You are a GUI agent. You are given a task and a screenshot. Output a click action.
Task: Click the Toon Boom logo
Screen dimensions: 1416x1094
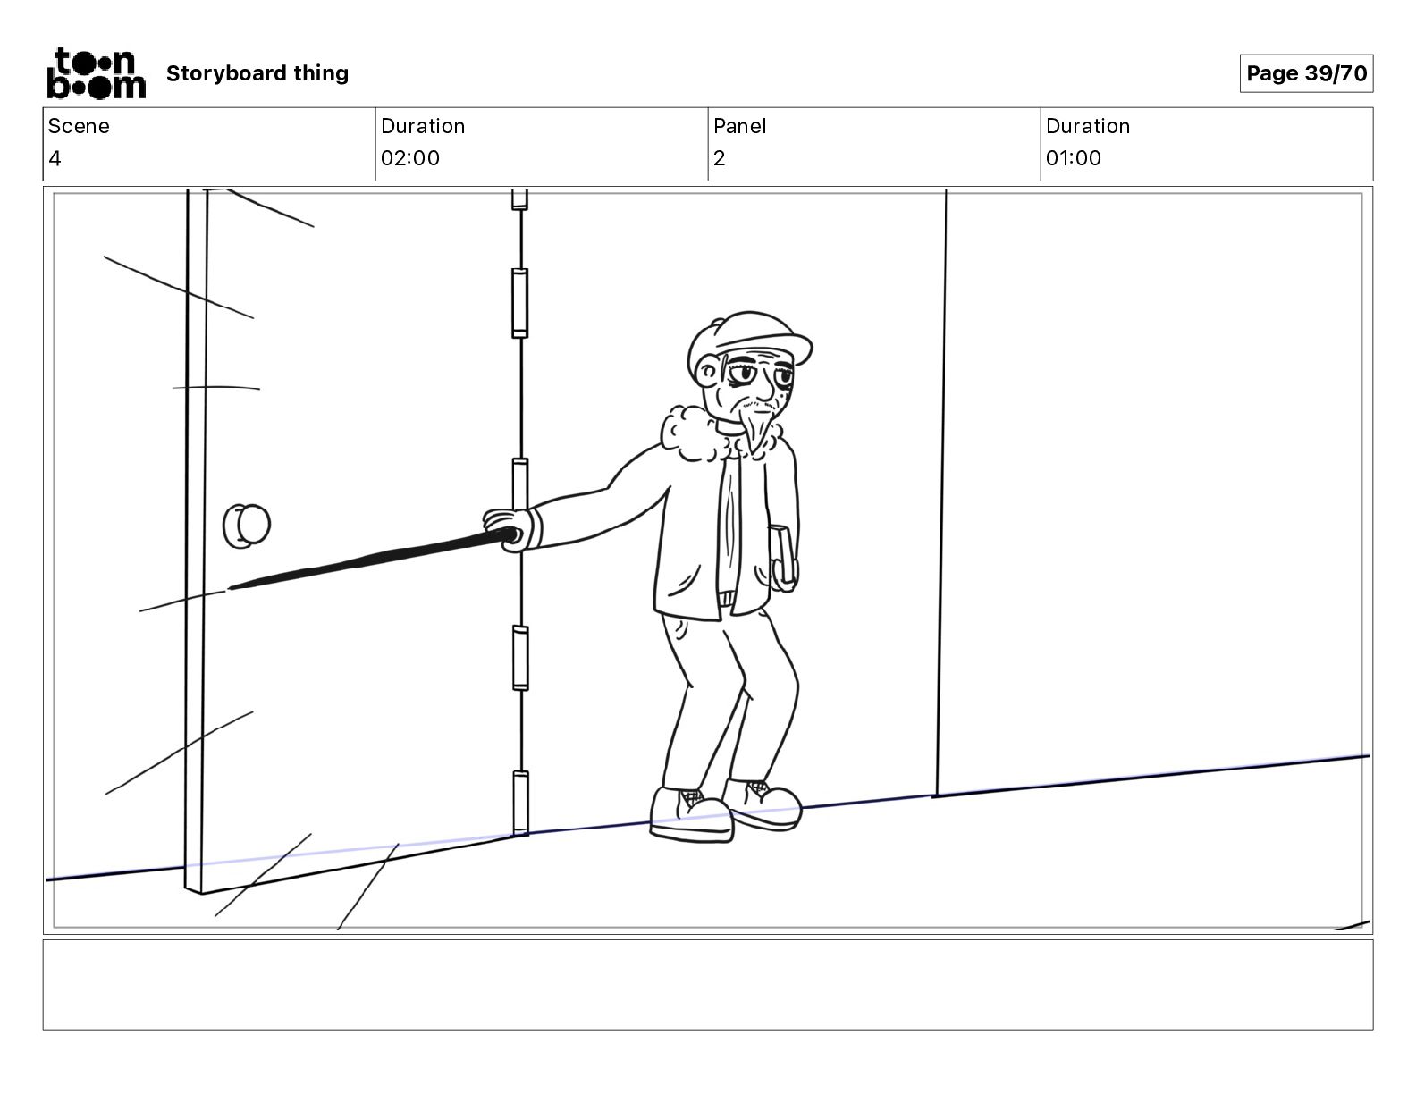tap(96, 73)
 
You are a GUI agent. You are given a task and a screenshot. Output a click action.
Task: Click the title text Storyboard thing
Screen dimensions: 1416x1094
tap(257, 73)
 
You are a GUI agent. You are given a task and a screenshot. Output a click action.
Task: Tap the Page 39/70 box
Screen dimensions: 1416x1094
tap(1306, 73)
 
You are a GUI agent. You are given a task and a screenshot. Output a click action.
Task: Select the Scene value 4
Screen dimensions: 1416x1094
tap(55, 159)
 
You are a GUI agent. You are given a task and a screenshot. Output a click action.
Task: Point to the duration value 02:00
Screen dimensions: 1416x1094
tap(410, 159)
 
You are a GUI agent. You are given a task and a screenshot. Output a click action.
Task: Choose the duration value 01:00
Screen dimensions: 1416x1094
tap(1074, 159)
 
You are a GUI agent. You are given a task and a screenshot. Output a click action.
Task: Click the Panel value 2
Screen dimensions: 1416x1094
tap(719, 159)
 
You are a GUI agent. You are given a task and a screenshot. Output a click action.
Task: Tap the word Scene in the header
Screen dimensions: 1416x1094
tap(79, 126)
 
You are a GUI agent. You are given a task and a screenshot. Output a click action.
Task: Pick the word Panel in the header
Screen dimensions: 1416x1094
tap(740, 126)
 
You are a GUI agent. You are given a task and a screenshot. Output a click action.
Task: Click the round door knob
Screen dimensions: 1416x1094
tap(247, 526)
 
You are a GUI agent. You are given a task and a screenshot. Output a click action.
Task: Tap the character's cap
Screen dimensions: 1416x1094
tap(751, 338)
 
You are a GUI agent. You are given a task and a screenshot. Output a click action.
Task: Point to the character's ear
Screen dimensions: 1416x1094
tap(708, 370)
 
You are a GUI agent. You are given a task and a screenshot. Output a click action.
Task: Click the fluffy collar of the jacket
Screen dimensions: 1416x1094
tap(694, 433)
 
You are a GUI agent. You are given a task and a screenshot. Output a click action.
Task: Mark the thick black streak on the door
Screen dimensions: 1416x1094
tap(375, 560)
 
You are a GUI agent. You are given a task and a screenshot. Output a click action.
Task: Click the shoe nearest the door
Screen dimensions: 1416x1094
tap(691, 814)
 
